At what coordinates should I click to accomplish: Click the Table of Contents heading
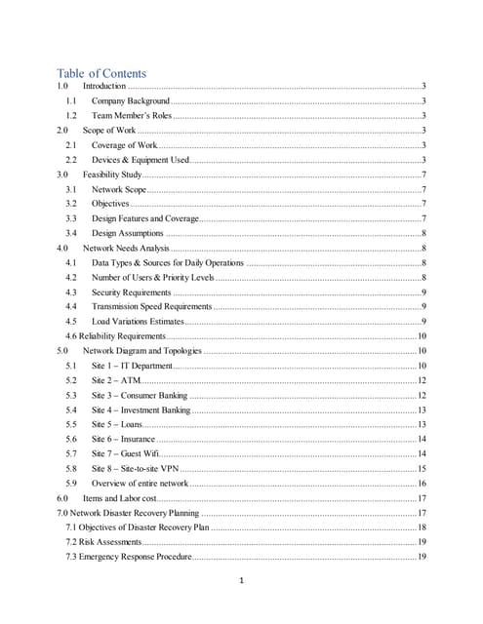tap(101, 73)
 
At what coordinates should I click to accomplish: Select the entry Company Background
tap(131, 100)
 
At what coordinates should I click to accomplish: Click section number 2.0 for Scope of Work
tap(62, 130)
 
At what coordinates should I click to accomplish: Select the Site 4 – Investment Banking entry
tap(141, 409)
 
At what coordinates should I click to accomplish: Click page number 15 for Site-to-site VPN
tap(422, 468)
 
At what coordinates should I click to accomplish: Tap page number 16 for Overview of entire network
tap(422, 483)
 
